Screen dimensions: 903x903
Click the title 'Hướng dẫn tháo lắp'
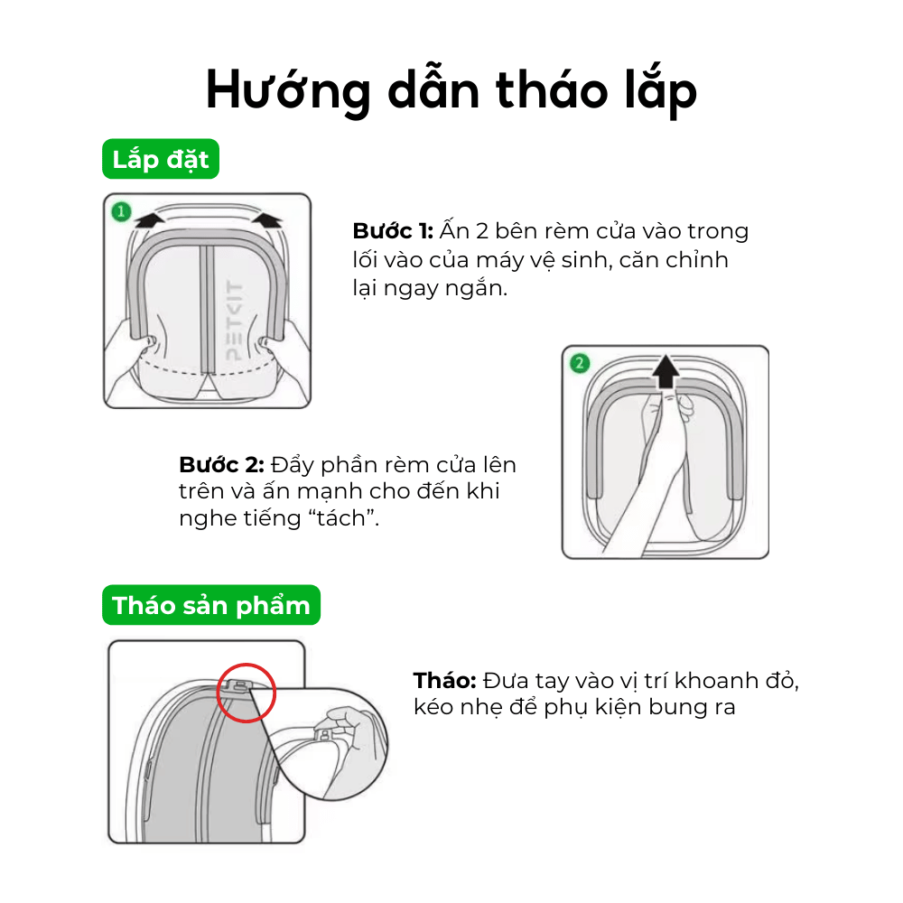[x=451, y=90]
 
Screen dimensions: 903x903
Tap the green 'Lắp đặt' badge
[x=160, y=160]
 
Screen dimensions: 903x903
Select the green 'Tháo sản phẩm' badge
[x=210, y=605]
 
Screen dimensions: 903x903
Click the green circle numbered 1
[x=119, y=213]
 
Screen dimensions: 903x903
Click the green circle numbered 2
[x=580, y=364]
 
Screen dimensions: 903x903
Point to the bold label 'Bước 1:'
[x=393, y=231]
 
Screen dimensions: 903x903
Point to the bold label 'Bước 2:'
[x=221, y=465]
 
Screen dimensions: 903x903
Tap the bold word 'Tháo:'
[x=444, y=679]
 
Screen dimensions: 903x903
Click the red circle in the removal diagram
[x=246, y=693]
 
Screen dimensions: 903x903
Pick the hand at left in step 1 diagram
[x=126, y=348]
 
